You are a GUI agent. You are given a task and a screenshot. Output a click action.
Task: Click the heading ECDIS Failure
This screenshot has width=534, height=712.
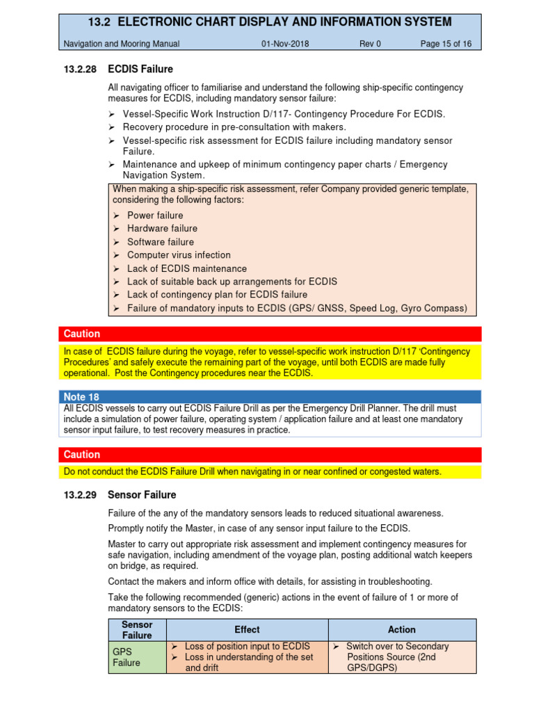140,70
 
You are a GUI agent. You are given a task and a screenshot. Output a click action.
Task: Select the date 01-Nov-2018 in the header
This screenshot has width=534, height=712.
285,44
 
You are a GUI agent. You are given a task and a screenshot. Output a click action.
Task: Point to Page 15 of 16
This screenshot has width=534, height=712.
446,44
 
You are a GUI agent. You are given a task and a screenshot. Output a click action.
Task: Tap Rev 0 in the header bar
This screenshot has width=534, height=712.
370,44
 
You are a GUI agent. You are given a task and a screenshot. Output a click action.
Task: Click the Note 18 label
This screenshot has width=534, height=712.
81,397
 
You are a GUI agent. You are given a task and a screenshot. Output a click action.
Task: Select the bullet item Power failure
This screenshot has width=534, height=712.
155,216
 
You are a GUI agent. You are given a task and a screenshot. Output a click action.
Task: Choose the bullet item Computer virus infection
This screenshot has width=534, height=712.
179,255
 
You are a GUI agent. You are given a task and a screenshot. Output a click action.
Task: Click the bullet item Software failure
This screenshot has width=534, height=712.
161,242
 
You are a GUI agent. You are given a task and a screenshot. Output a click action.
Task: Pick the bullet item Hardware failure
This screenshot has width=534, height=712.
162,229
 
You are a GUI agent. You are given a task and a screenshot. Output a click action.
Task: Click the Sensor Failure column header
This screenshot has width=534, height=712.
137,630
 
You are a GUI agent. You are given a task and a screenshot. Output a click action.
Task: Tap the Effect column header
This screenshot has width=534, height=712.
247,630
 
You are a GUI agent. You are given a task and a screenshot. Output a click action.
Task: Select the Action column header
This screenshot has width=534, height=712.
402,630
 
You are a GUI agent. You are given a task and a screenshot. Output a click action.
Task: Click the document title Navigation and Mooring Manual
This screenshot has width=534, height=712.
122,44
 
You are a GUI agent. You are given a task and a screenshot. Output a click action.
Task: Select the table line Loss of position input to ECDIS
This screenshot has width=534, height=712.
248,647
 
